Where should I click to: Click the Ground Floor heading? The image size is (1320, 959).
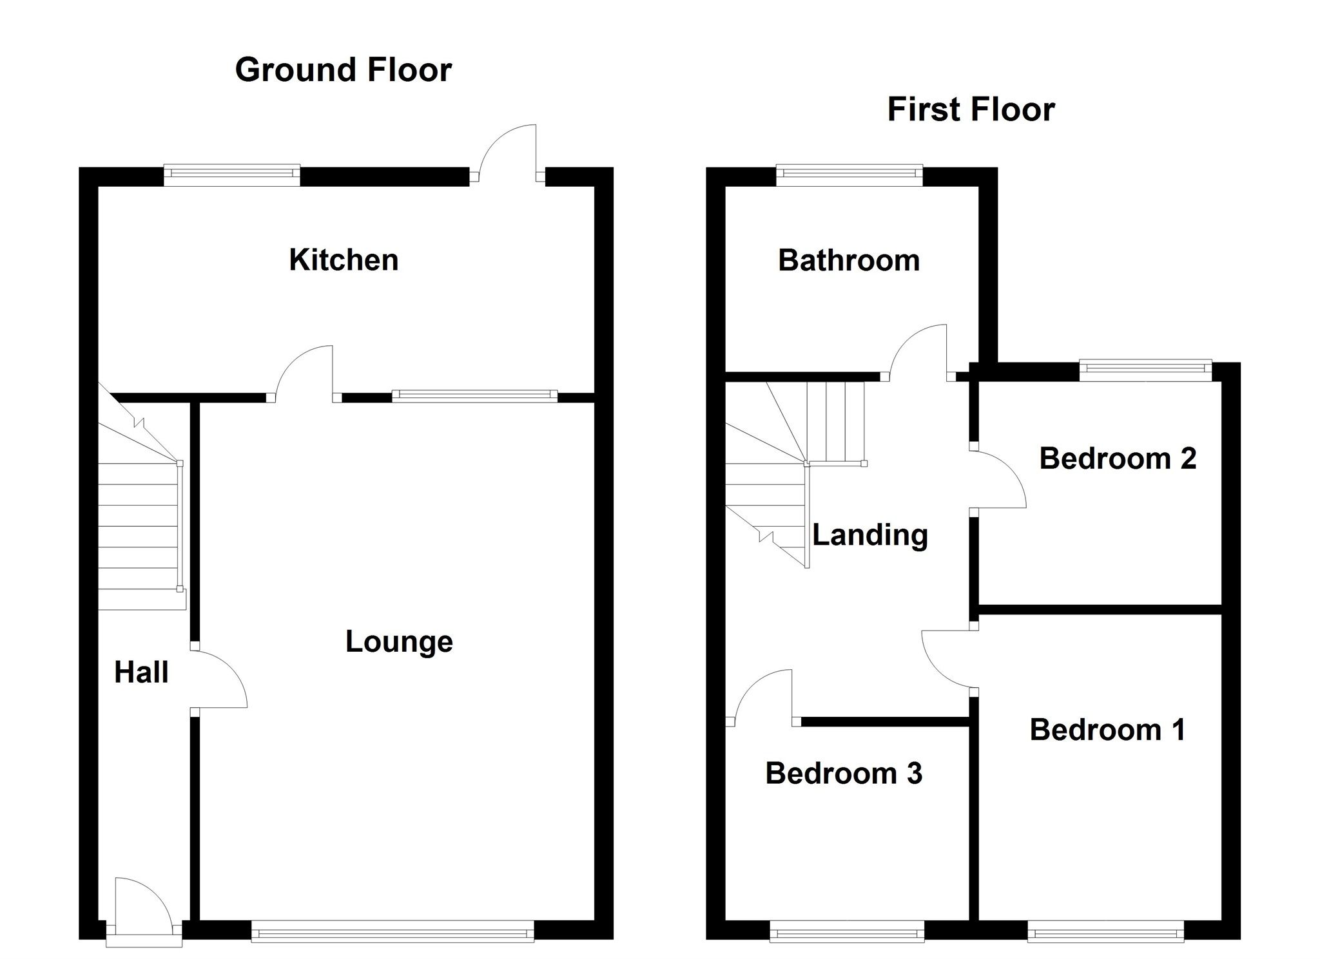343,70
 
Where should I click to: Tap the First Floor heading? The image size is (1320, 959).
971,109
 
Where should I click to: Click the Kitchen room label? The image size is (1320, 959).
344,260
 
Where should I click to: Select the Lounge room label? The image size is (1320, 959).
399,641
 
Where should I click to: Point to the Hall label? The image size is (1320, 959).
141,672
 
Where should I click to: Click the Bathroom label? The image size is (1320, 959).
849,261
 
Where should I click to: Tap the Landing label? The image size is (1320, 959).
869,535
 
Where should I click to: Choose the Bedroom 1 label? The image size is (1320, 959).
1107,730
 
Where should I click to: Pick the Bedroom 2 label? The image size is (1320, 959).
1118,459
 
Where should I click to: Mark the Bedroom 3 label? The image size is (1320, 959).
844,773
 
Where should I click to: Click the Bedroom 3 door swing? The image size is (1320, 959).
764,696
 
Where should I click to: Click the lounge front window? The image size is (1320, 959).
393,930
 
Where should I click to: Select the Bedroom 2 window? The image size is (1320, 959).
1145,368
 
